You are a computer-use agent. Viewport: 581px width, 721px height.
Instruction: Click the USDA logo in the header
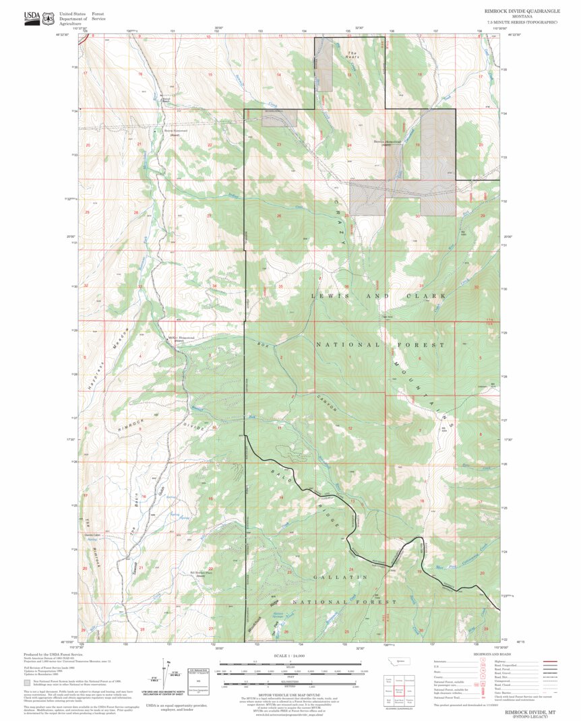(x=31, y=18)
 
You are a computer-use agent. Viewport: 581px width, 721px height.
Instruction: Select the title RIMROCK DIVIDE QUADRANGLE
(x=520, y=12)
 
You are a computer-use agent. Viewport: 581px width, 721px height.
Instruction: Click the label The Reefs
(x=353, y=55)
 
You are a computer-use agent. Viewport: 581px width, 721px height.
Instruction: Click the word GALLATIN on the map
(x=340, y=577)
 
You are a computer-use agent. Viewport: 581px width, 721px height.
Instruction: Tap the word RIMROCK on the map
(x=129, y=425)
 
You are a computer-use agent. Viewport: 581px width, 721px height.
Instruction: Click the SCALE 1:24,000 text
(x=290, y=656)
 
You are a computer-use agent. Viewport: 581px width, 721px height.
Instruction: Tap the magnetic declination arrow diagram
(x=166, y=674)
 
